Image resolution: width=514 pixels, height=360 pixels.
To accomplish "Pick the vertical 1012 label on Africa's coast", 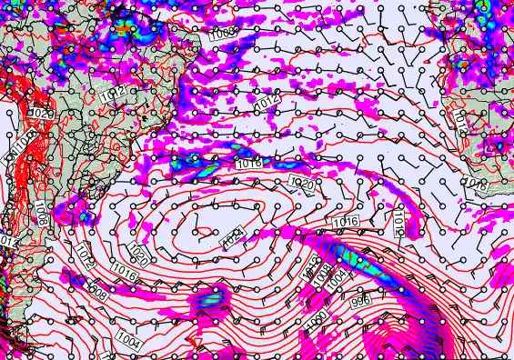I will tap(461, 123).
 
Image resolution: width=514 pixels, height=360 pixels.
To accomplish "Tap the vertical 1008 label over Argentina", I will tap(40, 215).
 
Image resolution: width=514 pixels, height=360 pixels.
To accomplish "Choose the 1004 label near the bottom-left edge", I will tap(128, 341).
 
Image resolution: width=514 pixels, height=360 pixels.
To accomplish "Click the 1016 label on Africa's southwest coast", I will tap(476, 185).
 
